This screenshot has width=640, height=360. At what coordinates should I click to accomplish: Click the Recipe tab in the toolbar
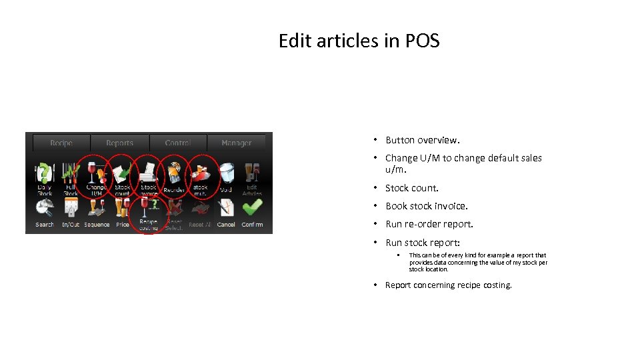point(61,143)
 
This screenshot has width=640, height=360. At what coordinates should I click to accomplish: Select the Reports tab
point(119,143)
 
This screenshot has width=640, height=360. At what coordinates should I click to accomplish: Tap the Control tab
point(177,143)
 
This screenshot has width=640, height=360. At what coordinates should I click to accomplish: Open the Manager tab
point(236,143)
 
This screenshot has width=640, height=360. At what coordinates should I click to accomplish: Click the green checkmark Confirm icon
point(252,209)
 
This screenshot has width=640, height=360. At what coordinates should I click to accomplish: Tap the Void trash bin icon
point(226,173)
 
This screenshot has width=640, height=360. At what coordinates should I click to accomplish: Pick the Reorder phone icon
point(174,173)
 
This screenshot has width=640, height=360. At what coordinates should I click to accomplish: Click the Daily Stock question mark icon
point(45,173)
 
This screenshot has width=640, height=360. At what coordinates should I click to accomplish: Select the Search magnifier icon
point(45,209)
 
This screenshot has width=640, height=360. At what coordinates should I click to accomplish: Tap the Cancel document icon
point(226,209)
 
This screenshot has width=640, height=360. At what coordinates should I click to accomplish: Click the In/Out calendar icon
point(71,209)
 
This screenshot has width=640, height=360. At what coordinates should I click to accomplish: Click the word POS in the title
point(422,41)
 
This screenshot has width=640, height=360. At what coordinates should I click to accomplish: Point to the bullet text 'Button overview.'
point(423,140)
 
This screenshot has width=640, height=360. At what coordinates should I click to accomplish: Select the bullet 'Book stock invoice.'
point(427,206)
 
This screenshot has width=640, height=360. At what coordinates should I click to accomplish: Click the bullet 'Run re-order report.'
point(429,224)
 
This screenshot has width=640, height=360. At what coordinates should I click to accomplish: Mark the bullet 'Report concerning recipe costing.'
point(449,285)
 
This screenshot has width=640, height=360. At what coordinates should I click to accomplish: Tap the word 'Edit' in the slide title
point(295,41)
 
